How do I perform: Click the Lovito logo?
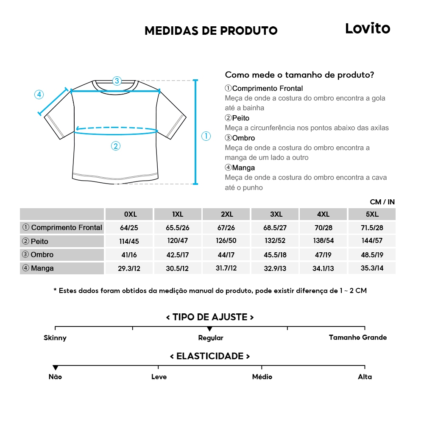[367, 28]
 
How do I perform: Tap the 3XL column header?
[276, 214]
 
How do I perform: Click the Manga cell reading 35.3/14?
[372, 268]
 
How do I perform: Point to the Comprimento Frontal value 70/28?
[324, 228]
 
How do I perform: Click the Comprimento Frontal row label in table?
[62, 228]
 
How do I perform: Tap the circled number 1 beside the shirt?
[206, 136]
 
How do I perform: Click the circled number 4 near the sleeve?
[39, 95]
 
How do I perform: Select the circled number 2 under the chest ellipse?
[116, 146]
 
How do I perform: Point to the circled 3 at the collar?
[117, 81]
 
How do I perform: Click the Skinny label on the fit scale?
[55, 338]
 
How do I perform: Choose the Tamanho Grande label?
[358, 338]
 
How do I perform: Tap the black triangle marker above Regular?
[210, 329]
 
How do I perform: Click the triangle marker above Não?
[55, 368]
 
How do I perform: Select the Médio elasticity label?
[262, 377]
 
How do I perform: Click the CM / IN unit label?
[382, 202]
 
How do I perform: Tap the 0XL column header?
[130, 214]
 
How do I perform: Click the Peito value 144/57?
[372, 241]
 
